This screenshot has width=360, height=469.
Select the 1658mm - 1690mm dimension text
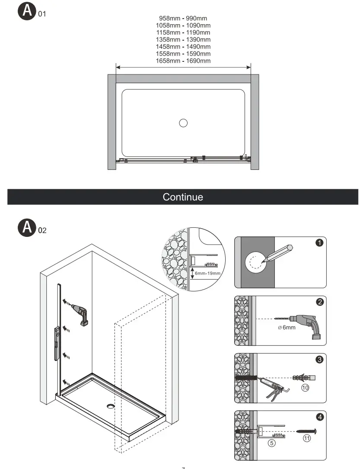183,61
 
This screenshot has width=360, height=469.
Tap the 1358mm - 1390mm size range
183,39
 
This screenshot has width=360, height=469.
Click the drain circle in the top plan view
183,123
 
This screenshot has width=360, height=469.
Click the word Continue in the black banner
183,197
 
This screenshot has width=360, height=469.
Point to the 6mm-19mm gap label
208,273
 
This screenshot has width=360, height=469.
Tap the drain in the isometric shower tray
111,405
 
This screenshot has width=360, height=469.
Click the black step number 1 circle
319,243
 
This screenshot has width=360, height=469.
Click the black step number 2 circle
320,302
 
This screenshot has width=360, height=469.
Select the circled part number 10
305,388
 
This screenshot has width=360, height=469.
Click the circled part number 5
272,443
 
